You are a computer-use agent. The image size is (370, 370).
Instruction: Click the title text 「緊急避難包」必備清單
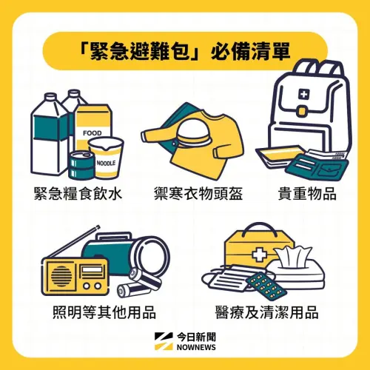185,52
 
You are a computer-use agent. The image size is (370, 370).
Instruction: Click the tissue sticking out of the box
296,256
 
